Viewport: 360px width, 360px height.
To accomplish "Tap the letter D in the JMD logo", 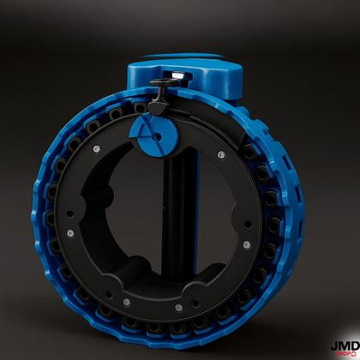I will (x=352, y=341).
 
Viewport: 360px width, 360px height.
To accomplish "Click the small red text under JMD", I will (x=343, y=351).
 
